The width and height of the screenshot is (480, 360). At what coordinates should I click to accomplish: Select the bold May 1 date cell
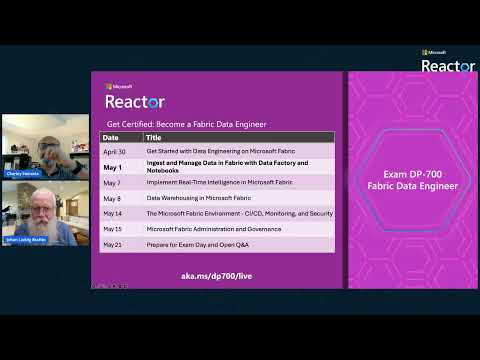[x=113, y=166]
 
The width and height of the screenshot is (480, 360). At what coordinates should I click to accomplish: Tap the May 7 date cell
[x=113, y=182]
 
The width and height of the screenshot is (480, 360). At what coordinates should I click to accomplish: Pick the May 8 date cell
[x=113, y=198]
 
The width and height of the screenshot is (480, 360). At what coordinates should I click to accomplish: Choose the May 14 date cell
[x=113, y=214]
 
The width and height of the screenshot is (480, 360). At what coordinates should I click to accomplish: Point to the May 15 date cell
[x=113, y=229]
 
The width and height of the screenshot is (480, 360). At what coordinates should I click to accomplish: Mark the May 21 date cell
[x=113, y=244]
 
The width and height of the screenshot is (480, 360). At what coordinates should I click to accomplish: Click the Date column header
[x=111, y=137]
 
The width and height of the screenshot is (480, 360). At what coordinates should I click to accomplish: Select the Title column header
[x=154, y=137]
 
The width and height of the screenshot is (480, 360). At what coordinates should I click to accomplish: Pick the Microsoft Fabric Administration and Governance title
[x=211, y=229]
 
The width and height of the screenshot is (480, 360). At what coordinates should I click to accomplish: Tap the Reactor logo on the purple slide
[x=135, y=101]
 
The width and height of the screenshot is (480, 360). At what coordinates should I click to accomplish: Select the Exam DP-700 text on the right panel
[x=413, y=174]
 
